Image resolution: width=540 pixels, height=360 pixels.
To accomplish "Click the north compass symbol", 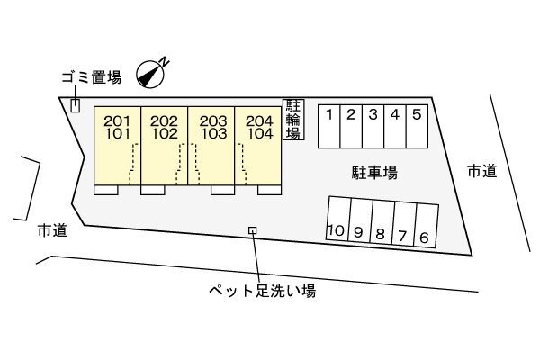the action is coord(150,75).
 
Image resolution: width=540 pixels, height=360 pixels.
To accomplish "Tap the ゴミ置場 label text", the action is coord(92,77).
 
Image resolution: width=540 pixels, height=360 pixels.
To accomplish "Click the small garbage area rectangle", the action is coord(75,105).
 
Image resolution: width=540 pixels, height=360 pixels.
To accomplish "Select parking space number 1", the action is coord(328,126).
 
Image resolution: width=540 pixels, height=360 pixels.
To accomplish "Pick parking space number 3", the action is coord(373,126).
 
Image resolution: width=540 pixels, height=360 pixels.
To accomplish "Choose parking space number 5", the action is coord(417,126).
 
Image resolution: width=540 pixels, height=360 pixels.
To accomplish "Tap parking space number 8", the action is coord(382,222).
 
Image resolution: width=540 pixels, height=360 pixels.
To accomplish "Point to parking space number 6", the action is coord(426,226).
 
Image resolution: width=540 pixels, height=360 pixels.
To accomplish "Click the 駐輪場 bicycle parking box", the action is coord(293,120).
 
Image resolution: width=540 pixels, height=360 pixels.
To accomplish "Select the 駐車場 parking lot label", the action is coord(374,172).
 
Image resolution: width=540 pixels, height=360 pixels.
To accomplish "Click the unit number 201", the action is coord(117,121).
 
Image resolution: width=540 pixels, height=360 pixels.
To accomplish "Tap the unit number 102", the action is coord(165,134).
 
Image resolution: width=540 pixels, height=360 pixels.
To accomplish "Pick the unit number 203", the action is coord(213,121).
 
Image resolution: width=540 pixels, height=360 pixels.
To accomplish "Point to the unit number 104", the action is coord(260,134).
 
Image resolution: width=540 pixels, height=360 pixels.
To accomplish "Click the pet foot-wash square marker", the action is coord(253,230).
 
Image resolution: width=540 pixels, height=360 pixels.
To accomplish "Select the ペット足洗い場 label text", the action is coord(263,291).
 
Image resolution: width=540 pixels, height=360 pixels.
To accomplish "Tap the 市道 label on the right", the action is coord(482,171).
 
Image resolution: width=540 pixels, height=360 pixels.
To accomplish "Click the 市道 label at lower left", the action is coord(52,230).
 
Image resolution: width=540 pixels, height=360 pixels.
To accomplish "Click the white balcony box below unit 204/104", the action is coord(270,190).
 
